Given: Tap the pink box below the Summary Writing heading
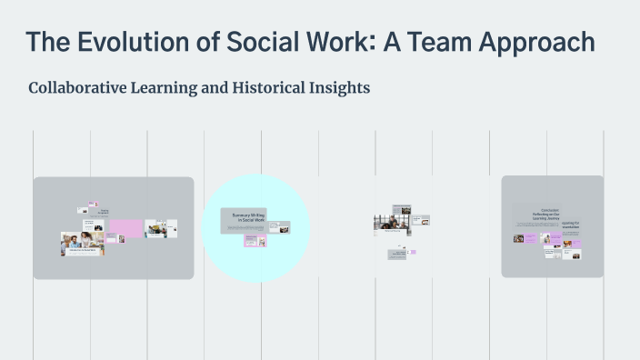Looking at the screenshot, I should point(255,240).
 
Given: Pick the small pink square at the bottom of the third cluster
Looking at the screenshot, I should point(413,252).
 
